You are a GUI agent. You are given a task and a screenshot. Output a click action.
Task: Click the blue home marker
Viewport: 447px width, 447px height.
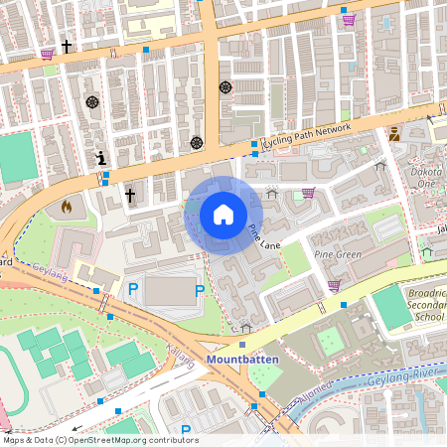[223, 215]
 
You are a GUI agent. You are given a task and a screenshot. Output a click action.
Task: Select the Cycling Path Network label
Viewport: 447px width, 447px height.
[306, 134]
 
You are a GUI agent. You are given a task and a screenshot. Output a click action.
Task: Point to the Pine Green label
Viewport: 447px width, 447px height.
[337, 254]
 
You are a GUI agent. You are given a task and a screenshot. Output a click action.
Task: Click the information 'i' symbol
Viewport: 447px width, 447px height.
[100, 158]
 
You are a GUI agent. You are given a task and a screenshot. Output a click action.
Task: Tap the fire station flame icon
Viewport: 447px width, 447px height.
[67, 207]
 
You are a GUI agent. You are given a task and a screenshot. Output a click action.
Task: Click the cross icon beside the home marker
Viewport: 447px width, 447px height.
[129, 197]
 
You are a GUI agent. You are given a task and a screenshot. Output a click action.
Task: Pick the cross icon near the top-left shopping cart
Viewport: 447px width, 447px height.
[67, 46]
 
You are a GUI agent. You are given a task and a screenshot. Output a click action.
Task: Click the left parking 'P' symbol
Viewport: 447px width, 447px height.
[132, 289]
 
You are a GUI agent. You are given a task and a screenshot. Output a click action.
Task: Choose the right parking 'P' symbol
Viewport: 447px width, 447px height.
[200, 290]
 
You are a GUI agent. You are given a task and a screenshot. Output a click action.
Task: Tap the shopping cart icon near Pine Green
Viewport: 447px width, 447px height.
[334, 285]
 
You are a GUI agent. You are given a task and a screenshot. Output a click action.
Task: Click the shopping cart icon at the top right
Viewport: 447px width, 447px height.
[349, 19]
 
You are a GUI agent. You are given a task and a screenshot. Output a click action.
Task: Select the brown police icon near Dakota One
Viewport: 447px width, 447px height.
[395, 133]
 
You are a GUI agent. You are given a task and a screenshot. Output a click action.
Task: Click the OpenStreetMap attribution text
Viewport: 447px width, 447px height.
[100, 440]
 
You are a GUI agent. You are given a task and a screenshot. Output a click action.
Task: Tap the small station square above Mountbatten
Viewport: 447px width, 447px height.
[242, 344]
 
